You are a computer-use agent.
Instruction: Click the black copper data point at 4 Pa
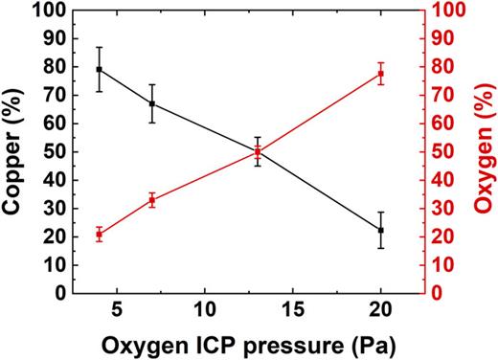(x=100, y=70)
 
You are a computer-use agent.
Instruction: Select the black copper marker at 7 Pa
(x=152, y=103)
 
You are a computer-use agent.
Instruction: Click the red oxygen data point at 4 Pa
(x=100, y=235)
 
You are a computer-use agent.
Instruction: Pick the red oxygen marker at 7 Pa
(x=152, y=200)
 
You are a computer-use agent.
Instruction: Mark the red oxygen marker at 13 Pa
(x=258, y=152)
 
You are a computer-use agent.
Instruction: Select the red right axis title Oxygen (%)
(x=484, y=151)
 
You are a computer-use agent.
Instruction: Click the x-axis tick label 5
(x=117, y=310)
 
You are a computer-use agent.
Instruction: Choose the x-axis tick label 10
(x=205, y=310)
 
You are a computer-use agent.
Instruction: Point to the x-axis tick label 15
(x=293, y=310)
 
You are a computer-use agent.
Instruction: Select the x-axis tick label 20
(x=381, y=310)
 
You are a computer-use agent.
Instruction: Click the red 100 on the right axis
(x=441, y=11)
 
